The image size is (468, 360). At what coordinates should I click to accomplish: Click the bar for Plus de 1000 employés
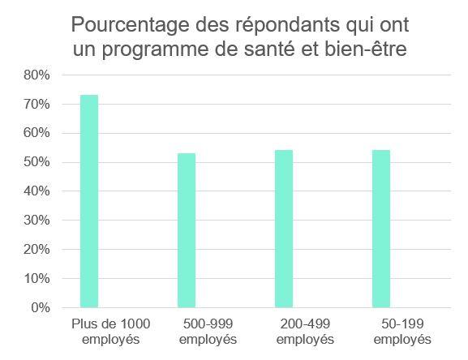89,201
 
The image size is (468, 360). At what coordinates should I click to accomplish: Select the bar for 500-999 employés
187,230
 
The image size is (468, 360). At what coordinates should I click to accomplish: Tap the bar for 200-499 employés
283,229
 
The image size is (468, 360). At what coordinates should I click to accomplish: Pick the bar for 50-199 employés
380,229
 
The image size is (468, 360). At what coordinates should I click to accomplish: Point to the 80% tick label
38,75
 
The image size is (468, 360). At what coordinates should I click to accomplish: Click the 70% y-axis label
38,105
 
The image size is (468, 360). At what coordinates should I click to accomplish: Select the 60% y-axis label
38,133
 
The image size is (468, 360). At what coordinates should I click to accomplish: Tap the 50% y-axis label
38,162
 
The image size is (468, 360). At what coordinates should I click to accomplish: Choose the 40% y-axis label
38,191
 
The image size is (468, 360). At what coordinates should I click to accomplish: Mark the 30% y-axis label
38,221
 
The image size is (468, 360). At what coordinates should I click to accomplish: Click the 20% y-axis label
38,250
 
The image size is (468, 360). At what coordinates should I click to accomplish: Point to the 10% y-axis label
38,278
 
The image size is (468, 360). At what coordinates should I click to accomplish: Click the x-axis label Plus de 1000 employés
101,331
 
